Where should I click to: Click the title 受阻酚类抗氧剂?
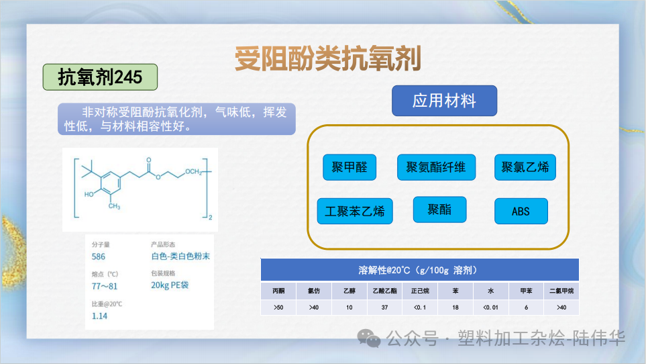pyautogui.click(x=327, y=58)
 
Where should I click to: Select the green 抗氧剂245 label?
pyautogui.click(x=100, y=77)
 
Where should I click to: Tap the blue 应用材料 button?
pyautogui.click(x=444, y=101)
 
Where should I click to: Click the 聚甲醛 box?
pyautogui.click(x=349, y=167)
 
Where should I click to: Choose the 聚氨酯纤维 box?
pyautogui.click(x=436, y=167)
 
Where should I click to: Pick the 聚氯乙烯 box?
pyautogui.click(x=525, y=167)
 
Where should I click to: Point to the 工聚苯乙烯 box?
pyautogui.click(x=355, y=211)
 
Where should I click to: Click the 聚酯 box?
pyautogui.click(x=439, y=210)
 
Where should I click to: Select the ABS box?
pyautogui.click(x=521, y=211)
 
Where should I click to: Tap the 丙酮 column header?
pyautogui.click(x=278, y=291)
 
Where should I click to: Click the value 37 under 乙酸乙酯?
pyautogui.click(x=384, y=307)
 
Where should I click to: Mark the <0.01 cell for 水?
pyautogui.click(x=490, y=307)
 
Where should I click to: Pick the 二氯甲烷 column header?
pyautogui.click(x=561, y=291)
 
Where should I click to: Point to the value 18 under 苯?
pyautogui.click(x=455, y=307)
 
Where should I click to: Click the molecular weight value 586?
pyautogui.click(x=99, y=257)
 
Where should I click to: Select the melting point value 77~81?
pyautogui.click(x=104, y=286)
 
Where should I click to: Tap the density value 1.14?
pyautogui.click(x=99, y=316)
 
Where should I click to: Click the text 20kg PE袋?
pyautogui.click(x=170, y=285)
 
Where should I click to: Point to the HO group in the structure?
pyautogui.click(x=89, y=194)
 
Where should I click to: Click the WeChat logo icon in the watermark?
pyautogui.click(x=369, y=338)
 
